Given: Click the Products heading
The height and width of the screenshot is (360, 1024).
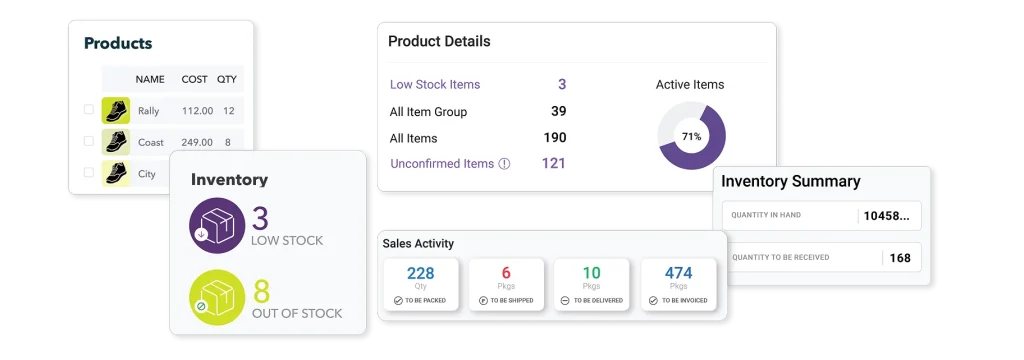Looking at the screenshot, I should (118, 43).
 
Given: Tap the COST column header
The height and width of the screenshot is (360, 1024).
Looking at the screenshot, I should (194, 79).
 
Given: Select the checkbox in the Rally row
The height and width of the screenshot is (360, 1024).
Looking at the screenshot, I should (89, 111).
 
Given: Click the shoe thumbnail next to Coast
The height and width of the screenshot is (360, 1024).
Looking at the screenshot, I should (116, 142).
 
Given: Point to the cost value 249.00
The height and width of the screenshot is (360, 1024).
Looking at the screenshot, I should (198, 142).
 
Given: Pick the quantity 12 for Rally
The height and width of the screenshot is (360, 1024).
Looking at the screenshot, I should (229, 111).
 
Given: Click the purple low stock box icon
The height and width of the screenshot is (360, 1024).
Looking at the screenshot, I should (217, 225).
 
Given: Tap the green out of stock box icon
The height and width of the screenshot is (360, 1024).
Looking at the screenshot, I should (217, 298).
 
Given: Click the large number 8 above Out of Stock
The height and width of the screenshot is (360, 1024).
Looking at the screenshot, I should (261, 291).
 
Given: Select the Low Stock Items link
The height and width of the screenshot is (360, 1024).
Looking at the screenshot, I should (434, 85).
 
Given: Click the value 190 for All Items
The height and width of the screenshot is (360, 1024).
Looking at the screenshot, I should (554, 138).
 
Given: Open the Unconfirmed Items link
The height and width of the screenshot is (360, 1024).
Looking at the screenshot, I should (442, 164).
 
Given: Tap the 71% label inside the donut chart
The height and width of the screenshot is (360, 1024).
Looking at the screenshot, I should (691, 135).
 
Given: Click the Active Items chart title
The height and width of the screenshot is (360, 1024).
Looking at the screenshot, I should (690, 85).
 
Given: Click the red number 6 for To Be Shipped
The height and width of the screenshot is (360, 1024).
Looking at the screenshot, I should (506, 273).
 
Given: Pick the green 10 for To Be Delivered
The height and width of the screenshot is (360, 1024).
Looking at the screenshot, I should (592, 273).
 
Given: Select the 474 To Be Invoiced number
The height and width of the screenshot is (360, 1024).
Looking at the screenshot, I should (678, 273).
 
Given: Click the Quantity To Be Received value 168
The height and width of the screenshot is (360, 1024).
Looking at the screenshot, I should (900, 258).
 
